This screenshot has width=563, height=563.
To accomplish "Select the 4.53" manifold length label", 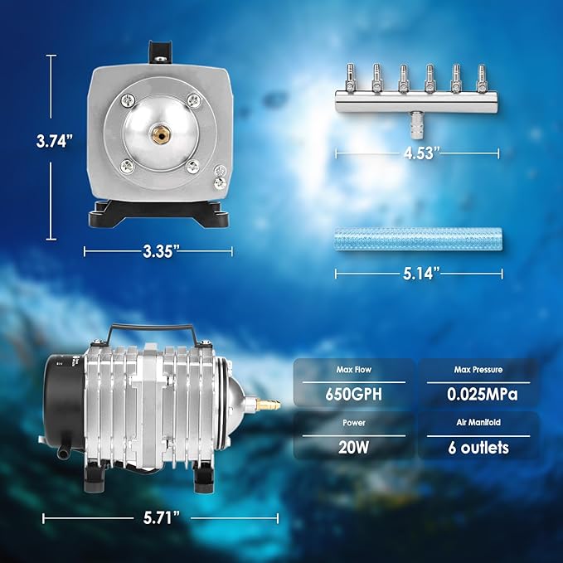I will [417, 154].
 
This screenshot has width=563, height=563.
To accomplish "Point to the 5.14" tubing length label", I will [417, 272].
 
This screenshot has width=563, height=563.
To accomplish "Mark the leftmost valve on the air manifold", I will [353, 79].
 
